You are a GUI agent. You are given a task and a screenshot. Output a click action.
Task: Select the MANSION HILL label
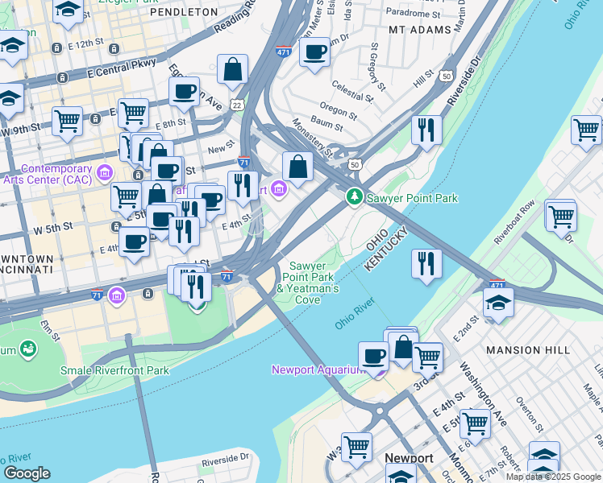(x=528, y=350)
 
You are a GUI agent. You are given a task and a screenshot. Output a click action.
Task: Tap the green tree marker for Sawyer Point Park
(x=354, y=196)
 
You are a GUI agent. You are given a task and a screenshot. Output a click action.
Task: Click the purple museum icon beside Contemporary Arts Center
(x=105, y=173)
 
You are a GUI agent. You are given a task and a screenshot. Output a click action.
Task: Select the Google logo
(x=27, y=473)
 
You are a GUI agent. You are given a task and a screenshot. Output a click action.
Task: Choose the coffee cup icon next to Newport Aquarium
(x=373, y=355)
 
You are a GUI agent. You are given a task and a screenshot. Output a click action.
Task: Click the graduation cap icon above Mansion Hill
(x=498, y=303)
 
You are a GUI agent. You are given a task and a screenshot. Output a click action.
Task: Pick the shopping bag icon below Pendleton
(x=233, y=71)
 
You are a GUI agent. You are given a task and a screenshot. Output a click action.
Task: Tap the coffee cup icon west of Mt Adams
(x=314, y=52)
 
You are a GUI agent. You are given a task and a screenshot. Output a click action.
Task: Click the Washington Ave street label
(x=476, y=382)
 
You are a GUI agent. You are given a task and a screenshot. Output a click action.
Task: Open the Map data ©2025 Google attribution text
(x=553, y=477)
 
